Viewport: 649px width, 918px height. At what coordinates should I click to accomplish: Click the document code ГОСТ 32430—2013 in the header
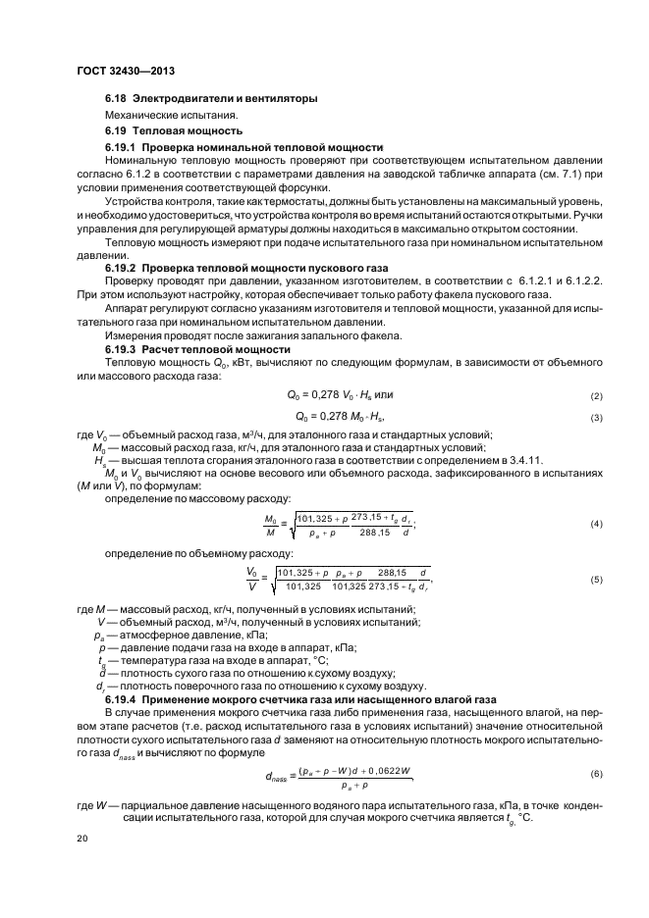(125, 72)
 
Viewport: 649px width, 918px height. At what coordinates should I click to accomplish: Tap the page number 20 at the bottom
(81, 839)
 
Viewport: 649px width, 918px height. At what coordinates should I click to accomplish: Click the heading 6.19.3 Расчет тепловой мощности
(197, 349)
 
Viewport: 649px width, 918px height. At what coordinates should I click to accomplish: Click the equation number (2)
(595, 396)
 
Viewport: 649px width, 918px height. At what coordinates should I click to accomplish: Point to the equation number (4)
(595, 525)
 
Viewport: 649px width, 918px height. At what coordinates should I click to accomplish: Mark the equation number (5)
(595, 581)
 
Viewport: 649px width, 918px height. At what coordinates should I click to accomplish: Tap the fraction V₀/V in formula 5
(252, 580)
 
